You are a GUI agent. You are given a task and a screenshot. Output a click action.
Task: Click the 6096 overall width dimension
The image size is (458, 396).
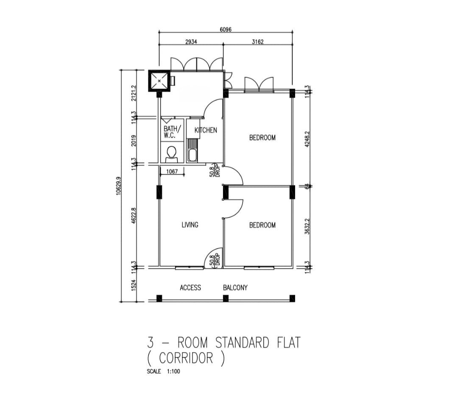tap(226, 30)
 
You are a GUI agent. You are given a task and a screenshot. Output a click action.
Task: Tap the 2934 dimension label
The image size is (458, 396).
tap(191, 42)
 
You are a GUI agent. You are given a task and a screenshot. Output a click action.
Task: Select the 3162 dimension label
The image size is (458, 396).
tap(258, 42)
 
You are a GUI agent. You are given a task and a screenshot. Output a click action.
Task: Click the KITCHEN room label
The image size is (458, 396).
tap(206, 130)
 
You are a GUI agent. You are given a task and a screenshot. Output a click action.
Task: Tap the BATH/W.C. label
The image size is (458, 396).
tap(172, 132)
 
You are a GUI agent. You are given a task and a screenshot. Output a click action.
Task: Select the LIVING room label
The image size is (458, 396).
tap(190, 225)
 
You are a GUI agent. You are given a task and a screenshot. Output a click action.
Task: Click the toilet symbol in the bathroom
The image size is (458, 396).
tap(171, 155)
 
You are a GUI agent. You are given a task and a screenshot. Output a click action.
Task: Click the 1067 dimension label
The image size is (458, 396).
tap(172, 171)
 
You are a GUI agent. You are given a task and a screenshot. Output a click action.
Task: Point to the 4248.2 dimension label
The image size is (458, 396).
tap(307, 139)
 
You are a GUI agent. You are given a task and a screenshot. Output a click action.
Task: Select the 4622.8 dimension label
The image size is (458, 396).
tap(134, 216)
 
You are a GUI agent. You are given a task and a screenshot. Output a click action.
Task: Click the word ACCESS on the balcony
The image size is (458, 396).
tap(190, 288)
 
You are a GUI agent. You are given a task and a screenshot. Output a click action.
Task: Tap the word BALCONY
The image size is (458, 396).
tap(235, 288)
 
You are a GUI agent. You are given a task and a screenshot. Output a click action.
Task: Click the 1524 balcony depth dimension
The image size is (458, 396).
tap(134, 285)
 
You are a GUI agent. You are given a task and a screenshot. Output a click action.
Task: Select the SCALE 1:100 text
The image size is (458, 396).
tap(163, 371)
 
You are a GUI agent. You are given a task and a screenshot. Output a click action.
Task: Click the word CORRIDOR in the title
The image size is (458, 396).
tap(186, 358)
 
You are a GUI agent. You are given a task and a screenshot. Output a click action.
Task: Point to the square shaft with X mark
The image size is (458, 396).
tap(159, 81)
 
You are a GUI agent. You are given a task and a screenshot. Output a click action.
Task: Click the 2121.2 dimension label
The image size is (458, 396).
tap(134, 93)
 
